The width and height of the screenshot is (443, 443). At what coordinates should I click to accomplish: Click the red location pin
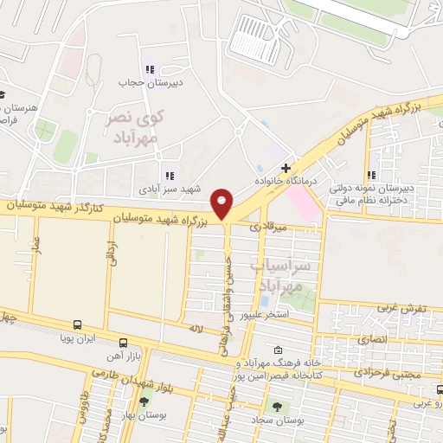tap(223, 204)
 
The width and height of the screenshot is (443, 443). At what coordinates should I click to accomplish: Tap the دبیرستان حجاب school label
tap(149, 83)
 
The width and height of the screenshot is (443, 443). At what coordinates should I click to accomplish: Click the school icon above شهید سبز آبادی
tap(170, 175)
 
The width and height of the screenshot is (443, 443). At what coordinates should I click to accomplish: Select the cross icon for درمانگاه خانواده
tap(286, 166)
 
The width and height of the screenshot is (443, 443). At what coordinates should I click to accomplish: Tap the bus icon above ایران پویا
tap(78, 325)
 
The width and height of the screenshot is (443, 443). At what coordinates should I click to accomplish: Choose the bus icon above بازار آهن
tap(123, 343)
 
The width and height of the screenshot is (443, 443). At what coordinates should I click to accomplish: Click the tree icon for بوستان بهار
tap(144, 402)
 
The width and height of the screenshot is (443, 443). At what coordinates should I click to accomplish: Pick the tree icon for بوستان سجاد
tap(277, 406)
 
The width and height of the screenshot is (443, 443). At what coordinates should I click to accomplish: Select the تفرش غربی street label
tap(401, 309)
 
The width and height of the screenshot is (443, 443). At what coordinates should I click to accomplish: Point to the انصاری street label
tap(382, 341)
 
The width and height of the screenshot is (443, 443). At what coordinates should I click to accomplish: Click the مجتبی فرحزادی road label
tap(389, 372)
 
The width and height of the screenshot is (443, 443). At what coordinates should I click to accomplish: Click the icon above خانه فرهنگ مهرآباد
tap(277, 350)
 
